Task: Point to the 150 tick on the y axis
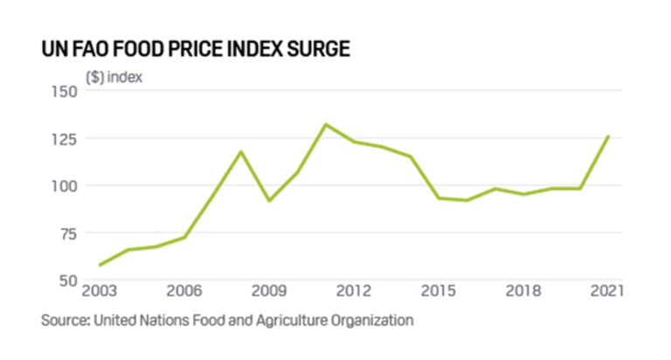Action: (64, 91)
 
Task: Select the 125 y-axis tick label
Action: (64, 138)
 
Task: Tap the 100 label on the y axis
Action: (64, 186)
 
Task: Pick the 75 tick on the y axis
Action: (68, 233)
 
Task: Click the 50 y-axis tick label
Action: (68, 280)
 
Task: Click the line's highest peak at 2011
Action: (326, 124)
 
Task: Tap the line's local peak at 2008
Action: (241, 152)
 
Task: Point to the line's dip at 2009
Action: (269, 201)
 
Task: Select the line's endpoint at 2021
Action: (608, 136)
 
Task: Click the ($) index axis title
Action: (114, 77)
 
